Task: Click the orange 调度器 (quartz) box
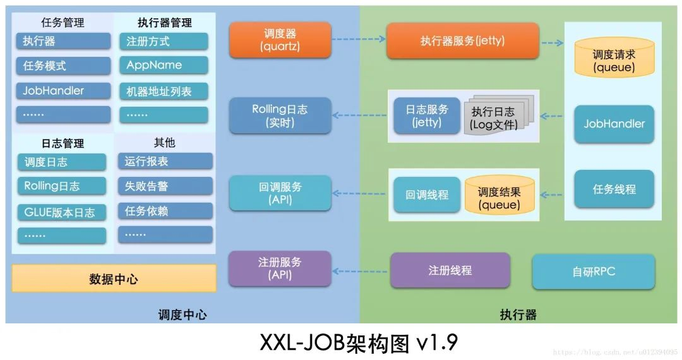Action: (280, 40)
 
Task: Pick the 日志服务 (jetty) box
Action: (427, 116)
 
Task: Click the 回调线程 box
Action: (427, 195)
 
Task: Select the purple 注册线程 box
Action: (450, 270)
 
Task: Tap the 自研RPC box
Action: (593, 272)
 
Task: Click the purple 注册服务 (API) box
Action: (280, 268)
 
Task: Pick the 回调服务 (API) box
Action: (280, 193)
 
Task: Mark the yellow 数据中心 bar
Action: (114, 279)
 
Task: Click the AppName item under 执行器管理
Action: (163, 65)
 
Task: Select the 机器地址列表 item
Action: (163, 91)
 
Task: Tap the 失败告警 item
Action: (165, 186)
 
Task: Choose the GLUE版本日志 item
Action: (61, 212)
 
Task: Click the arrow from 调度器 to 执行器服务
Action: (358, 39)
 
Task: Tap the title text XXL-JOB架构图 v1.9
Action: (358, 342)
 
